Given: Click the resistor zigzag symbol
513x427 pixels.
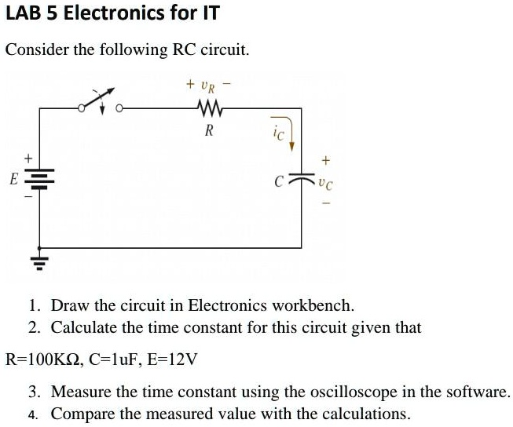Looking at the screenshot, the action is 210,108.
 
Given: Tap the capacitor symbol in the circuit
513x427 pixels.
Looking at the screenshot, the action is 301,177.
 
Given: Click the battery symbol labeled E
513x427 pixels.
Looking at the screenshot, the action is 39,179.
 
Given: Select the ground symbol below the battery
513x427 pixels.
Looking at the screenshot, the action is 39,263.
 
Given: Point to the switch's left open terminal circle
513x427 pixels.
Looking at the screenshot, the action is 82,108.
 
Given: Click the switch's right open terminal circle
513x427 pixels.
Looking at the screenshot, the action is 119,108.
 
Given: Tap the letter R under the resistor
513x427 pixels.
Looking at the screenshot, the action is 209,131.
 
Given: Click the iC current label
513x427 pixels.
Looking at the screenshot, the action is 279,133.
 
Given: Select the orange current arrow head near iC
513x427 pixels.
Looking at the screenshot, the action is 291,147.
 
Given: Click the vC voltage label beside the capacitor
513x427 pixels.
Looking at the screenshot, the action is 326,184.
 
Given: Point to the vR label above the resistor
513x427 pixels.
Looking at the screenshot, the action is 208,87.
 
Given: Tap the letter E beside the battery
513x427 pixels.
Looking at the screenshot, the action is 13,179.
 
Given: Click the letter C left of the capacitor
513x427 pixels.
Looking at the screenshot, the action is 278,181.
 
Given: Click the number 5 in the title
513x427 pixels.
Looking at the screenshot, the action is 52,13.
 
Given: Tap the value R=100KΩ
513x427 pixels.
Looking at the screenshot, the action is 42,359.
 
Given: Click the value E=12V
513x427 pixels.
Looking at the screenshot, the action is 172,359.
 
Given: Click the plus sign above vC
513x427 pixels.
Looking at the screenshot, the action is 326,161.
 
